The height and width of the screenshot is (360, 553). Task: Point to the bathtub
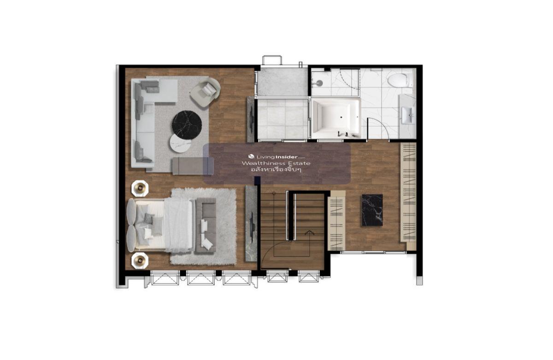click(x=335, y=118)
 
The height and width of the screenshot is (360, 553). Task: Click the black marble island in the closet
click(x=372, y=210)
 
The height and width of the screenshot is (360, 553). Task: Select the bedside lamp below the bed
click(x=140, y=260)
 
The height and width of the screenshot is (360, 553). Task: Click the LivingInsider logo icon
click(x=251, y=157)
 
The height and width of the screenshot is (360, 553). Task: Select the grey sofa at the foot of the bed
click(x=206, y=225)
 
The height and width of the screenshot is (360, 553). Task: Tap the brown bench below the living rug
click(x=193, y=166)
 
